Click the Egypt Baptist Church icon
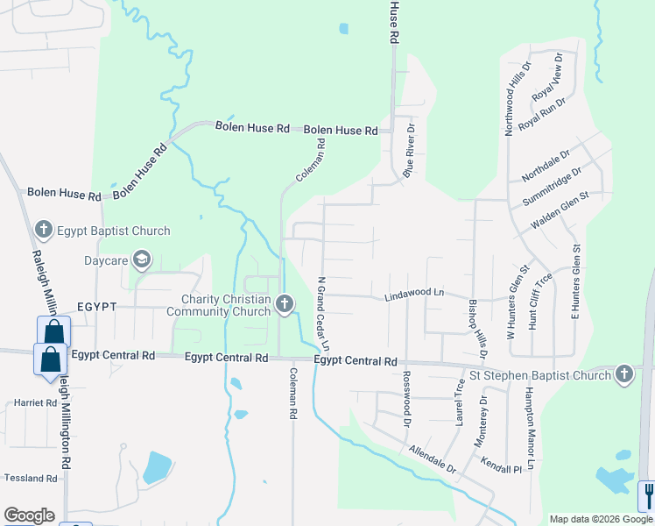coord(43,231)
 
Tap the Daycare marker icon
coord(142,259)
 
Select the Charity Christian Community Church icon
coord(284,304)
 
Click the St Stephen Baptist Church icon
coord(623,374)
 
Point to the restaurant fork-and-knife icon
coord(647,495)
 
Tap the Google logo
coord(29,515)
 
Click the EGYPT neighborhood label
coord(96,308)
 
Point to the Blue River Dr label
coord(408,150)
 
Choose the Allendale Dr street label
coord(433,458)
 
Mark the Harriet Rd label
coord(36,404)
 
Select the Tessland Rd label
coord(31,479)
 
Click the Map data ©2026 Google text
coord(600,518)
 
